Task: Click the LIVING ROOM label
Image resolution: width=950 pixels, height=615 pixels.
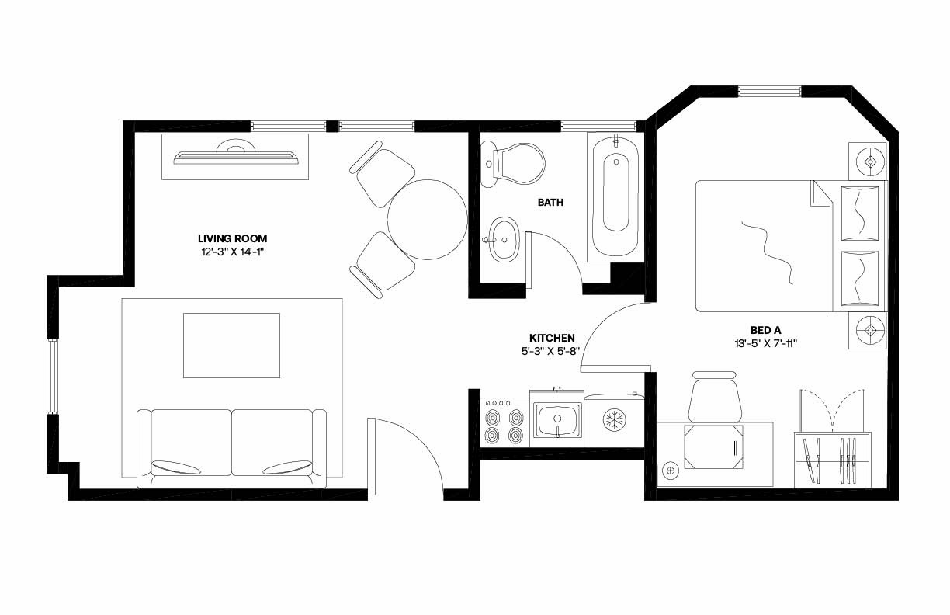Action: pyautogui.click(x=232, y=238)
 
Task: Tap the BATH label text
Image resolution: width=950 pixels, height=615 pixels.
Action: pyautogui.click(x=550, y=203)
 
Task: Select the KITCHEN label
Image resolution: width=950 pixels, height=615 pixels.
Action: pyautogui.click(x=552, y=338)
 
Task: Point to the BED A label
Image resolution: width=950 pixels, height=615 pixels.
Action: pyautogui.click(x=765, y=329)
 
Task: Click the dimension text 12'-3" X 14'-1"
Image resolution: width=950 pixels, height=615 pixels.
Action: pyautogui.click(x=232, y=252)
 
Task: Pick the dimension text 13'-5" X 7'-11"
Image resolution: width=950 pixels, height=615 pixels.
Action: pyautogui.click(x=765, y=342)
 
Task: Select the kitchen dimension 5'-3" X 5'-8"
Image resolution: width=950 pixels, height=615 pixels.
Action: pyautogui.click(x=552, y=351)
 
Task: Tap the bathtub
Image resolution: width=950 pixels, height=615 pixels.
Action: pyautogui.click(x=616, y=195)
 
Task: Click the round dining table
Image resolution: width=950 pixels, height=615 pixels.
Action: pyautogui.click(x=427, y=220)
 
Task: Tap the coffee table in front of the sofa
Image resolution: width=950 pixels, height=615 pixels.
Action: pyautogui.click(x=231, y=344)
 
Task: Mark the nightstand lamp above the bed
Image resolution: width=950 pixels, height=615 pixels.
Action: pyautogui.click(x=870, y=162)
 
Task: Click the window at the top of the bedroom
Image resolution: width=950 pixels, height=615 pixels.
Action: pyautogui.click(x=769, y=91)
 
